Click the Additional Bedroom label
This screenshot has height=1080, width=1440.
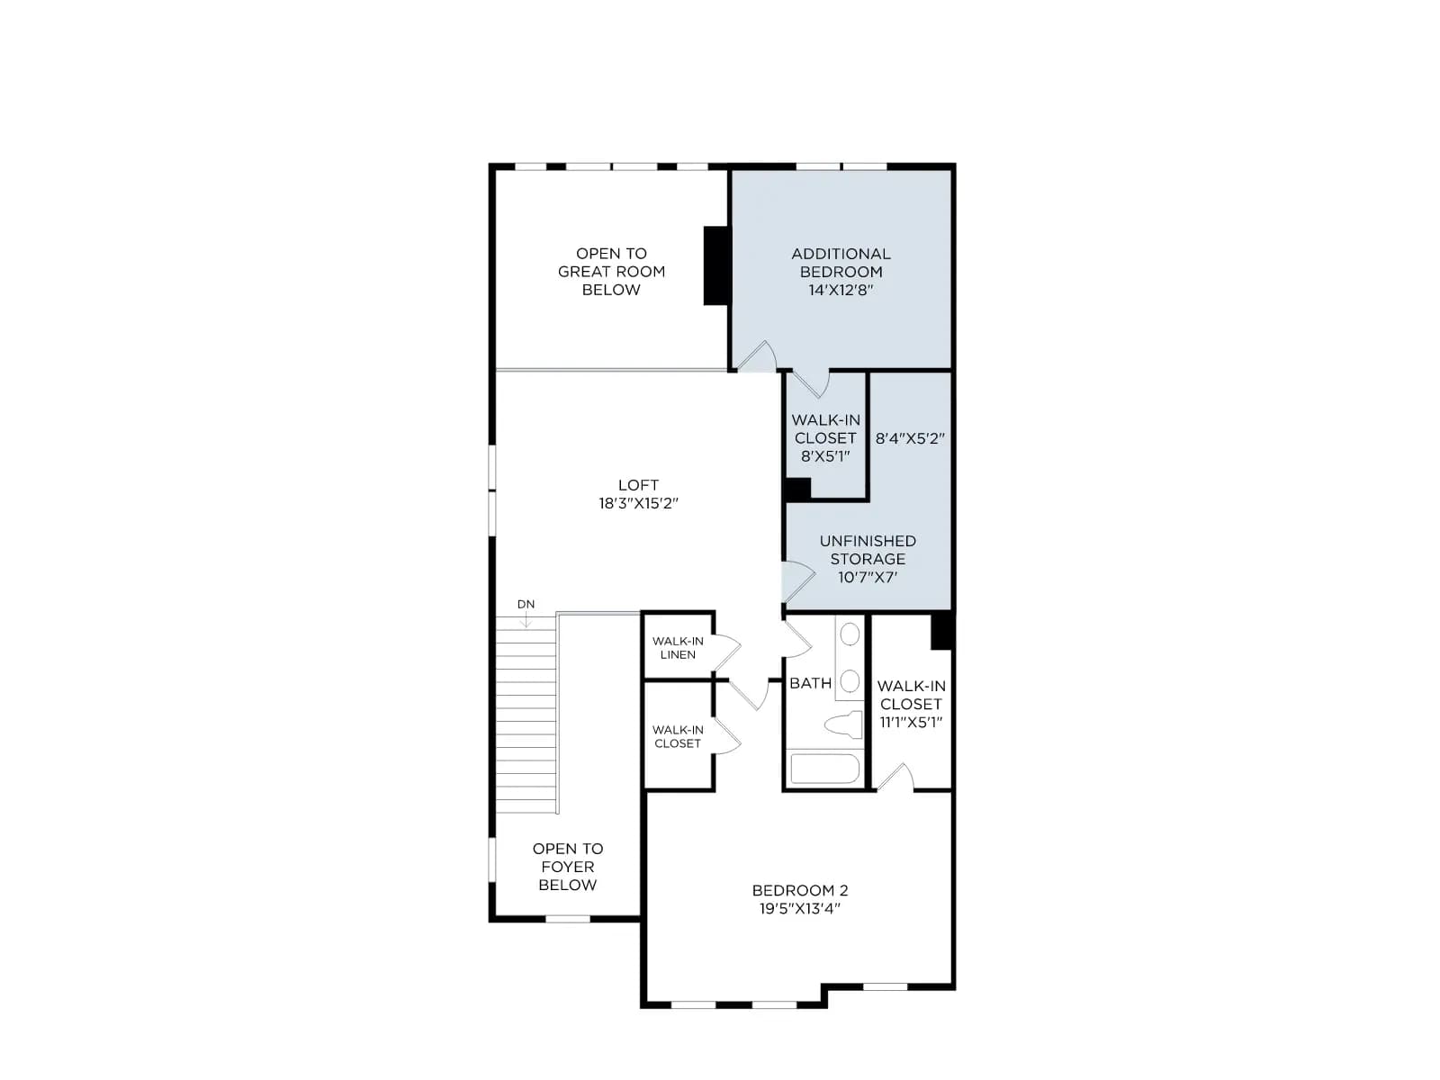click(841, 272)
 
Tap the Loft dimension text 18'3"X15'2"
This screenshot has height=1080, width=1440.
click(638, 503)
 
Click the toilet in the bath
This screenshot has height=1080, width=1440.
click(843, 724)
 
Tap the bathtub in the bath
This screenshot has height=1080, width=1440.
click(824, 768)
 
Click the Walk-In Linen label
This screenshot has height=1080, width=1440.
click(678, 647)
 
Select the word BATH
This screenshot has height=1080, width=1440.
click(810, 682)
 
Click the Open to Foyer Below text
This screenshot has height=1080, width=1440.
click(568, 866)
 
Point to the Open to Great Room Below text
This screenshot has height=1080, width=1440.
click(611, 272)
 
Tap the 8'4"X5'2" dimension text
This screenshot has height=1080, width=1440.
click(910, 438)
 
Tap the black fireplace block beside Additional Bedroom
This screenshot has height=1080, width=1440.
click(717, 265)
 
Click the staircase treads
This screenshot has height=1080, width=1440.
click(526, 715)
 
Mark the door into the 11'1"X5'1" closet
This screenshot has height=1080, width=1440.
click(895, 777)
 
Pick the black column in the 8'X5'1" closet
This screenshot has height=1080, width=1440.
click(797, 490)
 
